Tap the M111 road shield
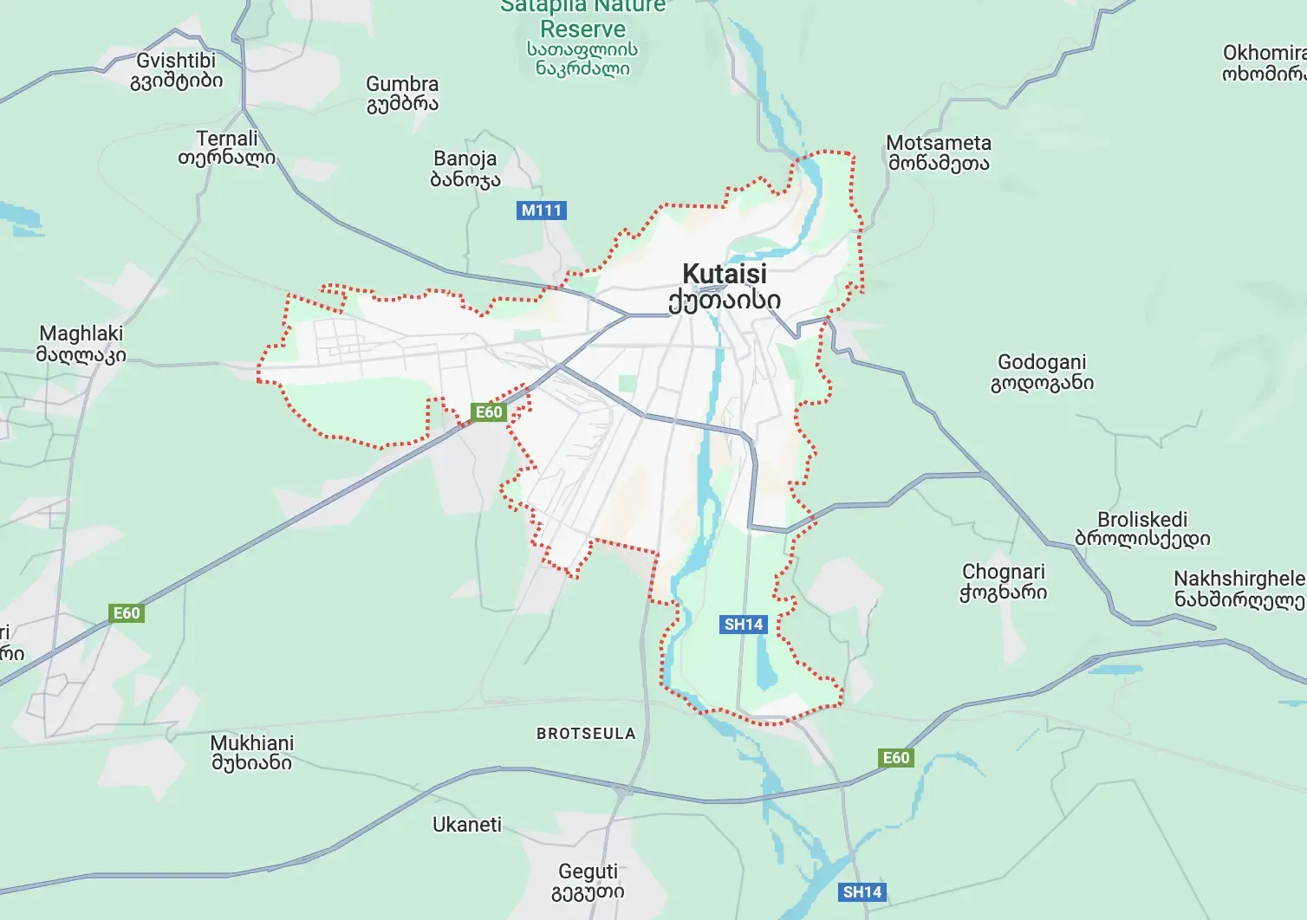[x=542, y=210]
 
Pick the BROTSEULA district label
[x=586, y=734]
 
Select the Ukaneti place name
[x=467, y=825]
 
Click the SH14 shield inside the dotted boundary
[x=744, y=624]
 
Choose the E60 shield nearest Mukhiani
[x=127, y=613]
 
